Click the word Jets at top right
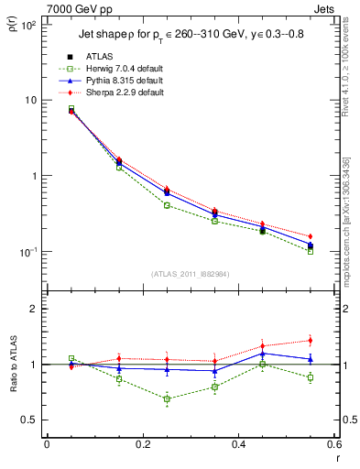(326, 7)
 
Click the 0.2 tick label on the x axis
(142, 444)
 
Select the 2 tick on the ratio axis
(33, 309)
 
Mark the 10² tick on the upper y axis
(27, 25)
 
